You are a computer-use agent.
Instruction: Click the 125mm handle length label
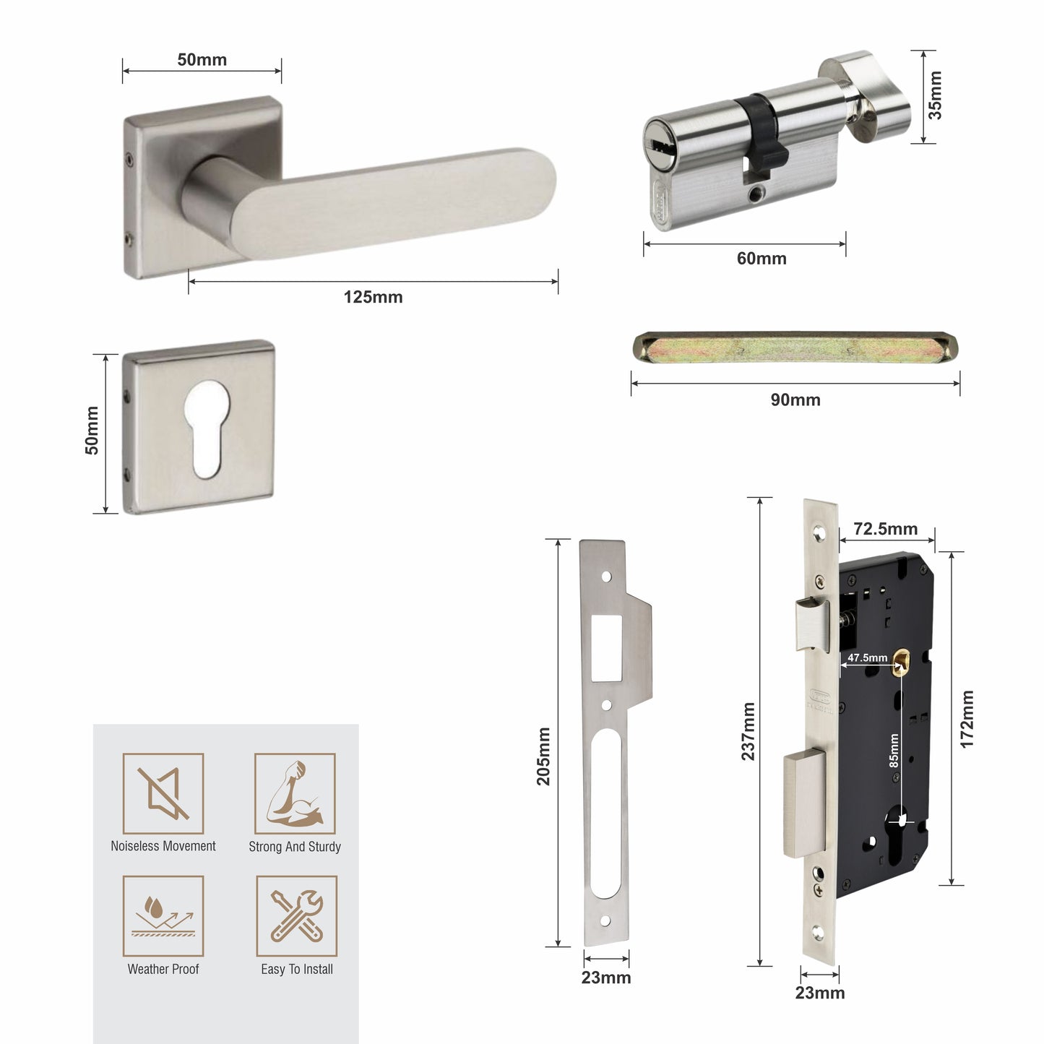(373, 297)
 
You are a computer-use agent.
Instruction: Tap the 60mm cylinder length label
(762, 259)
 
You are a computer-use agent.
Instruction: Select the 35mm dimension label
(935, 95)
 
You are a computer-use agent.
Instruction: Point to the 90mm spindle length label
(795, 400)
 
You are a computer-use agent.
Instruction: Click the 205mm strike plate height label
(543, 756)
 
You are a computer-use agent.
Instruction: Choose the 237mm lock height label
(749, 731)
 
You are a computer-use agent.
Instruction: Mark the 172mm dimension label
(967, 720)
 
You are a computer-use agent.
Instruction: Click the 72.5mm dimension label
(886, 529)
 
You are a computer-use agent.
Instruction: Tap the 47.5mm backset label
(868, 658)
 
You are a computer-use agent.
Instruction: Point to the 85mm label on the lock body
(894, 751)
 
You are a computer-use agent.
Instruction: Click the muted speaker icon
(163, 793)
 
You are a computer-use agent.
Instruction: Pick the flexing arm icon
(295, 793)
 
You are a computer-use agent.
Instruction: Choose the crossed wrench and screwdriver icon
(297, 916)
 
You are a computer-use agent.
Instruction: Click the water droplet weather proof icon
(163, 916)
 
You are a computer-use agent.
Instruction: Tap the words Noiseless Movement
(163, 846)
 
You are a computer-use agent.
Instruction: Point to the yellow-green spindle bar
(795, 348)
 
